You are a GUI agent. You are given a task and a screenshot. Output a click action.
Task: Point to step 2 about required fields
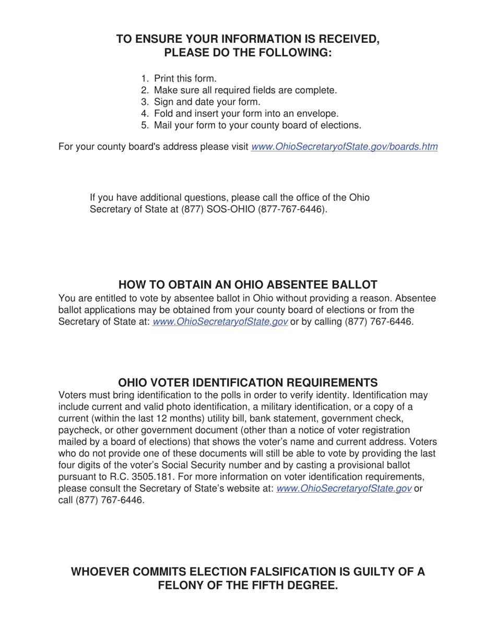(245, 90)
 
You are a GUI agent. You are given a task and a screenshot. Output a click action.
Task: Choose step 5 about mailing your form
(257, 125)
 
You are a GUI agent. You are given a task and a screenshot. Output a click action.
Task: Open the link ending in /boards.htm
(345, 147)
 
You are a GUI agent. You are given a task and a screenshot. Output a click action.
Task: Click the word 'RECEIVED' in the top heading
(337, 39)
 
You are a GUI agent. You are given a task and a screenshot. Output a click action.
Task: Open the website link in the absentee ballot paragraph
(220, 322)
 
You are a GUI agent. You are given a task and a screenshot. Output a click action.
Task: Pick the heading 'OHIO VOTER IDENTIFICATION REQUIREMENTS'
(248, 382)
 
